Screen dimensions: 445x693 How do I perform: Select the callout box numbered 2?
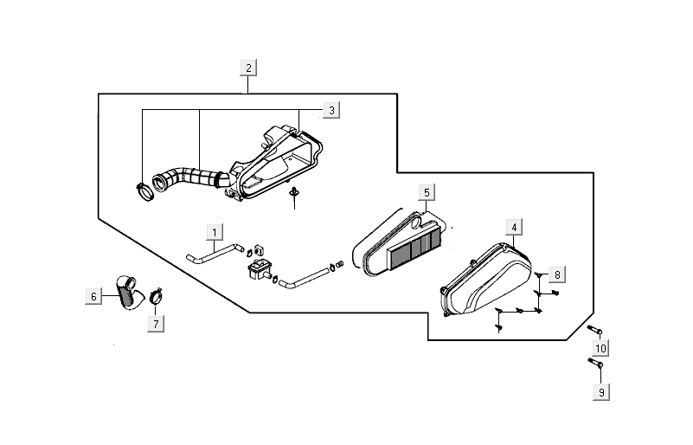248,68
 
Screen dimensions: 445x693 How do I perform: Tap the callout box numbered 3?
331,110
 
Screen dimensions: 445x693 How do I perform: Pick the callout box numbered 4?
514,228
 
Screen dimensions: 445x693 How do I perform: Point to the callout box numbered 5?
427,191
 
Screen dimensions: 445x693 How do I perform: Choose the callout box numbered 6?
93,296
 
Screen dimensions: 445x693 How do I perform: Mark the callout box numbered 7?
157,324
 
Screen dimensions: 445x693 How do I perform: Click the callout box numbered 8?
557,274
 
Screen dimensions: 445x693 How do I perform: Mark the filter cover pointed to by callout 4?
484,281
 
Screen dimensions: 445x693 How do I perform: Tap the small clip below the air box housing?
295,192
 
